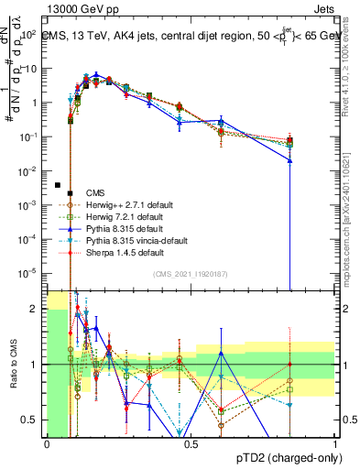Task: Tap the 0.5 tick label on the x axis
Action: (x=191, y=444)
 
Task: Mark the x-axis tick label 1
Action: (x=335, y=444)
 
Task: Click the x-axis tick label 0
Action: (x=48, y=444)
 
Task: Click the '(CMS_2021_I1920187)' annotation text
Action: (x=191, y=273)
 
